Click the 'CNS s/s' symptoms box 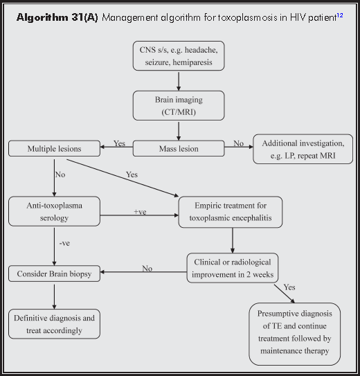179,56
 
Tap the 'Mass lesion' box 179,148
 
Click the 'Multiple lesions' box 54,148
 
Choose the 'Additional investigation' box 303,148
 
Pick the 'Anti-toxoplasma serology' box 54,211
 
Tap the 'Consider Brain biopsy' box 54,274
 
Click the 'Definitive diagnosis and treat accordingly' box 54,323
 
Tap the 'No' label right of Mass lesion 238,143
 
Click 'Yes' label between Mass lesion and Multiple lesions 119,143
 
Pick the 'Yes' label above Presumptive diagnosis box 289,287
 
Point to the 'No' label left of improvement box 147,269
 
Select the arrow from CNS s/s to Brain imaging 179,80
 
